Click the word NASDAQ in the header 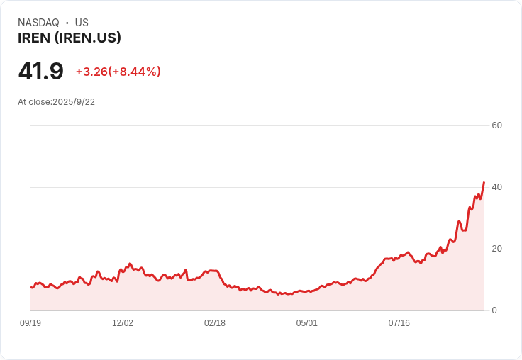(x=38, y=23)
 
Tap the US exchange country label (x=82, y=23)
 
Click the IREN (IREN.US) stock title (x=70, y=38)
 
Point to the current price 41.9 (x=40, y=71)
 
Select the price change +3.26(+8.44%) (x=118, y=72)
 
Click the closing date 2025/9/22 (x=74, y=102)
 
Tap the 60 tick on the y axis (x=496, y=125)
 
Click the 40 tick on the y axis (x=496, y=187)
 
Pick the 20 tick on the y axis (x=496, y=249)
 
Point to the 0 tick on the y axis (x=494, y=310)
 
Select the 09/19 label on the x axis (x=30, y=323)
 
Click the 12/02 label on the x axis (x=123, y=323)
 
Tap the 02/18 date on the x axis (x=215, y=323)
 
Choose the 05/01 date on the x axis (x=307, y=323)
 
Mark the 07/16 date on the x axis (x=399, y=323)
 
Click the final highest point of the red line (x=484, y=182)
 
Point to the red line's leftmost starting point (x=31, y=287)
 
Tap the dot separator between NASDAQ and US (x=67, y=23)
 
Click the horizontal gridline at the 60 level (x=255, y=126)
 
